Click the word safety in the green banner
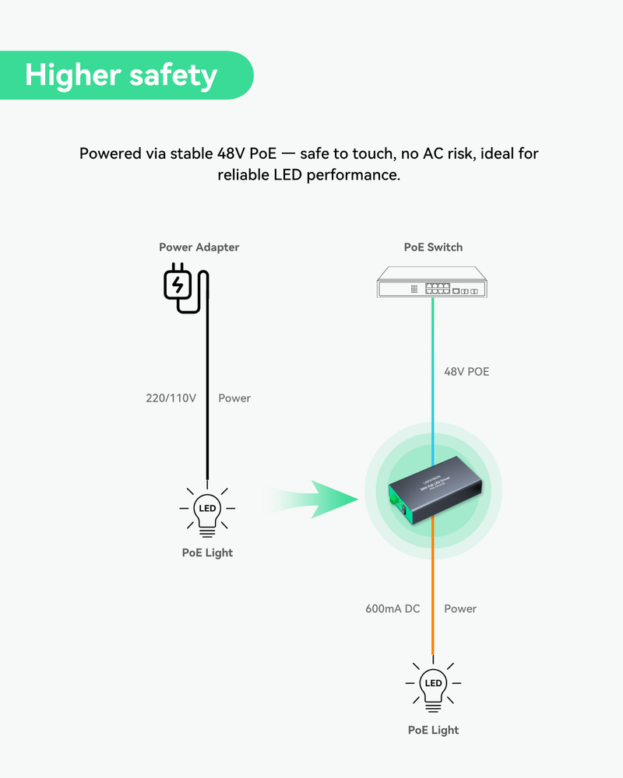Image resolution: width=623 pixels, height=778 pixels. tap(173, 75)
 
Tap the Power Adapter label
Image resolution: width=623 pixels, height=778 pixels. tap(199, 247)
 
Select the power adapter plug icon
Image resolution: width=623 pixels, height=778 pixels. tap(178, 286)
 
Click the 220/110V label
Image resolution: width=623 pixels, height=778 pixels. tap(171, 398)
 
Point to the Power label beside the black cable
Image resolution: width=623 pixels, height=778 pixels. tap(234, 398)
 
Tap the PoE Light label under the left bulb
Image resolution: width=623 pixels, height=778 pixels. tap(207, 552)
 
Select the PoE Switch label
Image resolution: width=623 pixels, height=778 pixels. tap(433, 247)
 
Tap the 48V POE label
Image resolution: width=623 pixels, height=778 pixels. tap(466, 372)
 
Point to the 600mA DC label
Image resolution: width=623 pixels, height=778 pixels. tap(392, 608)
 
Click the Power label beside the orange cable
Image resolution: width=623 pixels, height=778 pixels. tap(460, 608)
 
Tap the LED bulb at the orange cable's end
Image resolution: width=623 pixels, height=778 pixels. tap(434, 685)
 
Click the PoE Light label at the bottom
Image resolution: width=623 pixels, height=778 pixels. tap(434, 730)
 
